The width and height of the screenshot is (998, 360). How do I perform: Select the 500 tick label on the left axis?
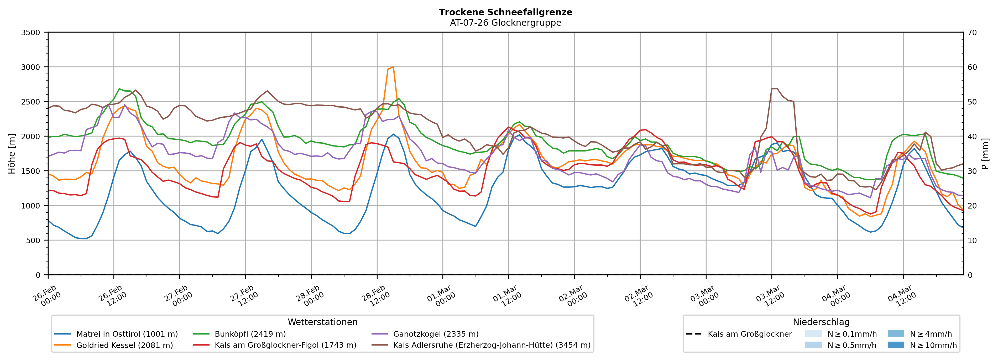33,240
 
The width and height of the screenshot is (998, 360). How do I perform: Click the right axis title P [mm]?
985,154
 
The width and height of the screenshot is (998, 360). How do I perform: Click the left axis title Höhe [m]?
12,154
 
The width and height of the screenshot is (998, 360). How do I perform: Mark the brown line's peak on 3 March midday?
774,89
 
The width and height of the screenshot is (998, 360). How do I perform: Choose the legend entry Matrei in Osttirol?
127,334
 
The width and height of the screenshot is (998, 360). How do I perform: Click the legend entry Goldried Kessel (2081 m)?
124,345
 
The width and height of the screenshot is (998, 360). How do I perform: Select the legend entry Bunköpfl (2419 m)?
250,334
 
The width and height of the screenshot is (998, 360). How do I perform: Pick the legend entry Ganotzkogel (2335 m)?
436,334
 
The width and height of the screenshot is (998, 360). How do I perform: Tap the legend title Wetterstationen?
322,322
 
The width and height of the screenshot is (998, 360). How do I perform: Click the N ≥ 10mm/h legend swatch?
895,345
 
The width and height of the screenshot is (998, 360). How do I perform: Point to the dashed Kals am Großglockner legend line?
693,334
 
